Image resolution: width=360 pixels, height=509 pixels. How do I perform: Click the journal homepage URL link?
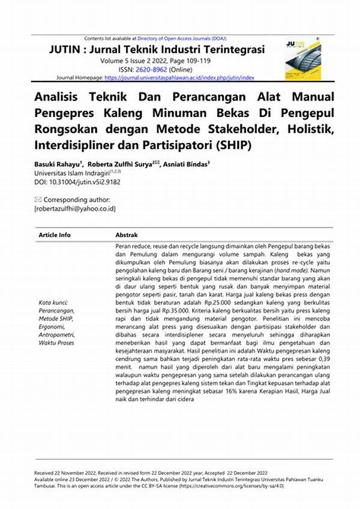click(179, 77)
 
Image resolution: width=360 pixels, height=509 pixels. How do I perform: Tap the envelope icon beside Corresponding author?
click(38, 199)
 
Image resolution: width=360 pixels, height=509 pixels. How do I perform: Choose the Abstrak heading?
click(127, 235)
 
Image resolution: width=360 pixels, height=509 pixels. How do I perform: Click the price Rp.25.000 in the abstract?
click(214, 303)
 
